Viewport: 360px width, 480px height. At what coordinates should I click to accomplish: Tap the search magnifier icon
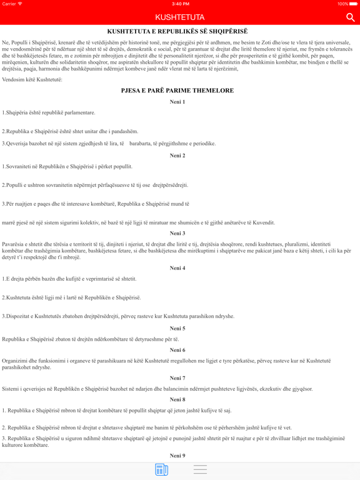pos(350,17)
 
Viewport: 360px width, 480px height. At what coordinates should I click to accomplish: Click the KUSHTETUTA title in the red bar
pos(180,17)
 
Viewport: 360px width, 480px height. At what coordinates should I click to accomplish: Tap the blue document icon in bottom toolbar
pos(161,469)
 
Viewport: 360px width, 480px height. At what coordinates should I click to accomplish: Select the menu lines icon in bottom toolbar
pos(200,469)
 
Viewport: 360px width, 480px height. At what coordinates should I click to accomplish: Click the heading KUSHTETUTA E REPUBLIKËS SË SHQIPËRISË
pos(177,31)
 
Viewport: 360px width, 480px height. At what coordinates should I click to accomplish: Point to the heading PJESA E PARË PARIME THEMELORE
pos(177,91)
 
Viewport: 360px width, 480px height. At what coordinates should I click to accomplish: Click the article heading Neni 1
pos(177,101)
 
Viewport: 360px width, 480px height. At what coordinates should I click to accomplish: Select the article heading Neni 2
pos(177,156)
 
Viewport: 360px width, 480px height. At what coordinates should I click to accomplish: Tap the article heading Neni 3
pos(177,233)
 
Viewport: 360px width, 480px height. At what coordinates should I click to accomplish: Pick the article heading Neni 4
pos(177,268)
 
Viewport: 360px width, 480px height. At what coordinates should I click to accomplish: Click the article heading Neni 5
pos(177,328)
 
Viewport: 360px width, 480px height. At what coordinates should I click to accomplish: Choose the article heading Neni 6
pos(177,350)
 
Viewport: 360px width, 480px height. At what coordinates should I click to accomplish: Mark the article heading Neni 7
pos(177,378)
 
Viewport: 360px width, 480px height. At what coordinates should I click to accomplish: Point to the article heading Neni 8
pos(177,399)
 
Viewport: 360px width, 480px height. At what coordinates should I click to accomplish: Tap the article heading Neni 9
pos(177,456)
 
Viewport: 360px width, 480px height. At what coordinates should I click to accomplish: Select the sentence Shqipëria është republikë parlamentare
pos(49,112)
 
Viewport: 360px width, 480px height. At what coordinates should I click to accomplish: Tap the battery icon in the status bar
pos(352,4)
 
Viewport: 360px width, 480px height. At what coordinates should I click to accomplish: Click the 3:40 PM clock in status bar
pos(180,4)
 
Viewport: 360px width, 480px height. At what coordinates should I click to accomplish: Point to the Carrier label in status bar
pos(10,4)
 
